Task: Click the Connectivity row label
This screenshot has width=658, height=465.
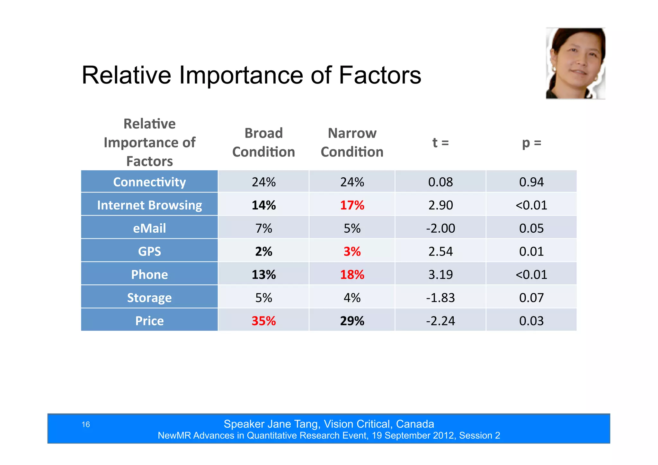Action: pyautogui.click(x=149, y=182)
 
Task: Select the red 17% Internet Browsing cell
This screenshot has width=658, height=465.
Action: pyautogui.click(x=352, y=205)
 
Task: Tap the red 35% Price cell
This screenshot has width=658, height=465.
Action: pyautogui.click(x=263, y=321)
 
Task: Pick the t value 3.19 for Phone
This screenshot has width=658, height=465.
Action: pyautogui.click(x=440, y=274)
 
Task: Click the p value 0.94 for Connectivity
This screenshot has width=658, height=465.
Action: pyautogui.click(x=531, y=182)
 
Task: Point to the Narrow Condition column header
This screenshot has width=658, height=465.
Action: pyautogui.click(x=352, y=142)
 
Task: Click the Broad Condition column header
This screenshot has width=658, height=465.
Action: pyautogui.click(x=263, y=142)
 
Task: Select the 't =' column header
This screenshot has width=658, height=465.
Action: pyautogui.click(x=440, y=142)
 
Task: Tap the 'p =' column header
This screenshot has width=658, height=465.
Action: pyautogui.click(x=531, y=142)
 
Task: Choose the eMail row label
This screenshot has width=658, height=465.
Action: pyautogui.click(x=149, y=228)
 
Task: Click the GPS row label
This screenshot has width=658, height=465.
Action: pyautogui.click(x=149, y=251)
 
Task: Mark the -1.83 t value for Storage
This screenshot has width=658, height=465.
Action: pyautogui.click(x=440, y=298)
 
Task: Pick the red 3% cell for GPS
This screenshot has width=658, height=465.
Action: pyautogui.click(x=352, y=251)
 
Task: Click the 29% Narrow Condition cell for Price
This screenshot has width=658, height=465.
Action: pyautogui.click(x=352, y=321)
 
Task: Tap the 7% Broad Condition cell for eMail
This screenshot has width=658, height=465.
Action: pyautogui.click(x=263, y=228)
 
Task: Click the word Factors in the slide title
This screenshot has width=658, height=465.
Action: pyautogui.click(x=380, y=75)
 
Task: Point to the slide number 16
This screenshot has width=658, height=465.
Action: pyautogui.click(x=86, y=425)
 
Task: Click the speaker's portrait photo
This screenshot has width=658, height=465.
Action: pyautogui.click(x=575, y=63)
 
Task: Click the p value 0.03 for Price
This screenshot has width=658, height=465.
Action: pyautogui.click(x=531, y=321)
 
